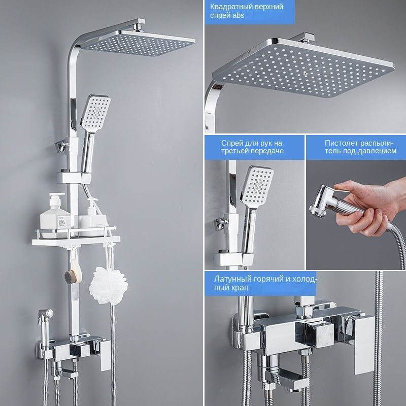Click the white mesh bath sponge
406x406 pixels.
(x=109, y=285)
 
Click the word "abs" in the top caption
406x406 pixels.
(x=238, y=16)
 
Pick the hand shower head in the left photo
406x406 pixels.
(x=95, y=112)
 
